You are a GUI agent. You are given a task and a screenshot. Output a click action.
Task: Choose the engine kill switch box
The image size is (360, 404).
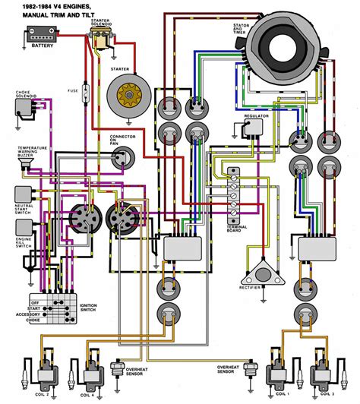22,226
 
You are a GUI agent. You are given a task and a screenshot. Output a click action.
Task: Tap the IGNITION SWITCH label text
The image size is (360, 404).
89,308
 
